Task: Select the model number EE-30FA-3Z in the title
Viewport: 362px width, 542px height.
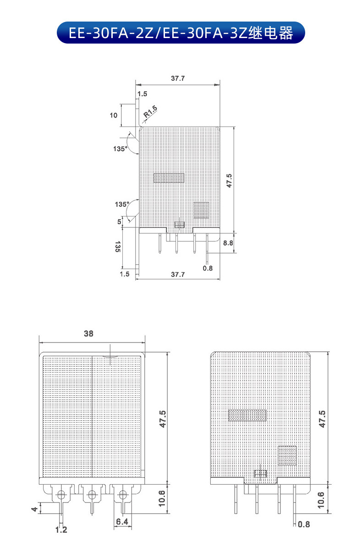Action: [x=204, y=33]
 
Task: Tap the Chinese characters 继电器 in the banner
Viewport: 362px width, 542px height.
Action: [x=270, y=33]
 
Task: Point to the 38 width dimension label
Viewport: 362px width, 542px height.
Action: [x=88, y=333]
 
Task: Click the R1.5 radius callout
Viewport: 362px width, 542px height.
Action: [x=150, y=111]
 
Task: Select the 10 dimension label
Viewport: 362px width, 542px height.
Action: [x=114, y=116]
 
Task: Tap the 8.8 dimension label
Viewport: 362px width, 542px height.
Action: [x=228, y=243]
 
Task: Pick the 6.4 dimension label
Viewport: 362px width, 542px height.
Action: [x=122, y=522]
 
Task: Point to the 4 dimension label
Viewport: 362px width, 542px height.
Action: [x=34, y=509]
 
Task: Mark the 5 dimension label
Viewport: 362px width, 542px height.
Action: [x=120, y=221]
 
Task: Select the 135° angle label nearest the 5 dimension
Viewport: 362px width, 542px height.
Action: [x=122, y=205]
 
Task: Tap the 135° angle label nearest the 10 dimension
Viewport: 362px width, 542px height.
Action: [x=120, y=149]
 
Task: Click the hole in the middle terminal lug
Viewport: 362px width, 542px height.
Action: [x=92, y=495]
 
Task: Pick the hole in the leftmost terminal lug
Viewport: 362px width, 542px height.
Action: [x=61, y=495]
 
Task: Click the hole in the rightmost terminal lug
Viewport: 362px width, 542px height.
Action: [x=122, y=495]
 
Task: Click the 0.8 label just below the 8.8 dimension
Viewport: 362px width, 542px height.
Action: [x=208, y=268]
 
